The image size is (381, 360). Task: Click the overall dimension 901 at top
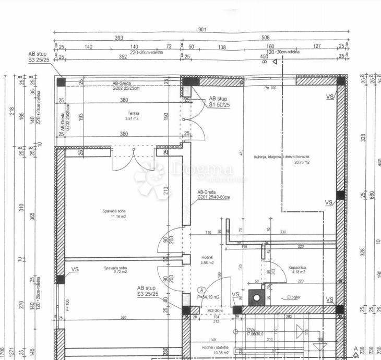tap(201, 29)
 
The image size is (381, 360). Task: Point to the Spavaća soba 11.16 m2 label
tap(115, 213)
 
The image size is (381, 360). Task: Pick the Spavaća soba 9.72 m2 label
tap(115, 270)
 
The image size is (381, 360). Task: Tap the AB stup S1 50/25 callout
tap(219, 101)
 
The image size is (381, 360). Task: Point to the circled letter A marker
tap(201, 290)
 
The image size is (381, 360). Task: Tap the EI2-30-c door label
tap(215, 311)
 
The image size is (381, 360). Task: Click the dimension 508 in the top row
tap(265, 38)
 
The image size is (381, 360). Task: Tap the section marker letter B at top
tap(265, 61)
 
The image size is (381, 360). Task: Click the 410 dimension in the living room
tap(241, 152)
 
